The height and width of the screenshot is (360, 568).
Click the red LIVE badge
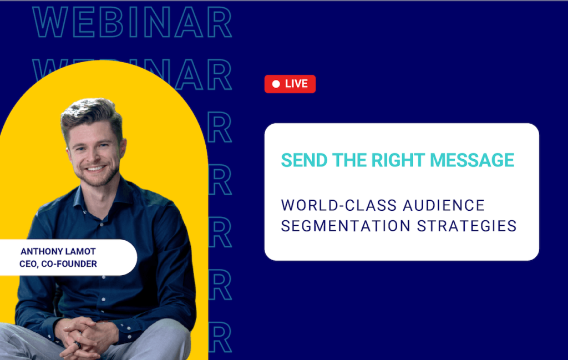pyautogui.click(x=290, y=84)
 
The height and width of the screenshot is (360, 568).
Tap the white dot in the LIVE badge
pyautogui.click(x=276, y=84)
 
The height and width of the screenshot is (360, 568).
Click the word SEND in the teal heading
pyautogui.click(x=304, y=160)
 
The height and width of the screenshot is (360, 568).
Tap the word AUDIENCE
pyautogui.click(x=444, y=205)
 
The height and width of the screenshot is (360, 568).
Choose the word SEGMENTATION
pyautogui.click(x=346, y=226)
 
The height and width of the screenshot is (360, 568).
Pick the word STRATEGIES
pyautogui.click(x=466, y=226)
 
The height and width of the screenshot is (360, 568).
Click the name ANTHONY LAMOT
pyautogui.click(x=58, y=251)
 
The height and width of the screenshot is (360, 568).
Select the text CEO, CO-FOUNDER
pyautogui.click(x=58, y=264)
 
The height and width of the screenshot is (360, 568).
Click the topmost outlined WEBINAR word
pyautogui.click(x=132, y=22)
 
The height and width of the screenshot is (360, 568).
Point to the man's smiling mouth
pyautogui.click(x=95, y=169)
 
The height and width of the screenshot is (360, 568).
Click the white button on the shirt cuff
pyautogui.click(x=129, y=328)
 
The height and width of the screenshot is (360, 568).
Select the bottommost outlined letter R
pyautogui.click(x=220, y=337)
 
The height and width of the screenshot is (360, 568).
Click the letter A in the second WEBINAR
pyautogui.click(x=189, y=75)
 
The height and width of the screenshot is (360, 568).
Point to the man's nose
pyautogui.click(x=93, y=155)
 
